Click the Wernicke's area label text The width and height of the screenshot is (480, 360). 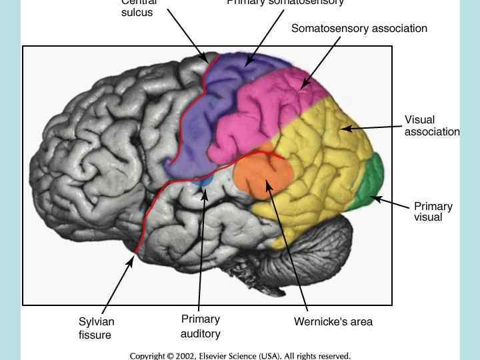(x=333, y=322)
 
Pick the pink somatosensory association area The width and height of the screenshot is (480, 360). (x=267, y=107)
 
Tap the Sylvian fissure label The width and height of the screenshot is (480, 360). (x=96, y=328)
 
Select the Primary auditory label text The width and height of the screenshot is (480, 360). (x=200, y=326)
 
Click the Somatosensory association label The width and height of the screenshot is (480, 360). (x=359, y=29)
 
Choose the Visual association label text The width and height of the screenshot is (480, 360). (x=431, y=125)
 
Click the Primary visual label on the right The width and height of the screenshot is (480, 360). (x=433, y=211)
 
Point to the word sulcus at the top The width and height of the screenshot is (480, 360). (x=137, y=13)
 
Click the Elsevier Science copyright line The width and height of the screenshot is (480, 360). (x=240, y=356)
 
